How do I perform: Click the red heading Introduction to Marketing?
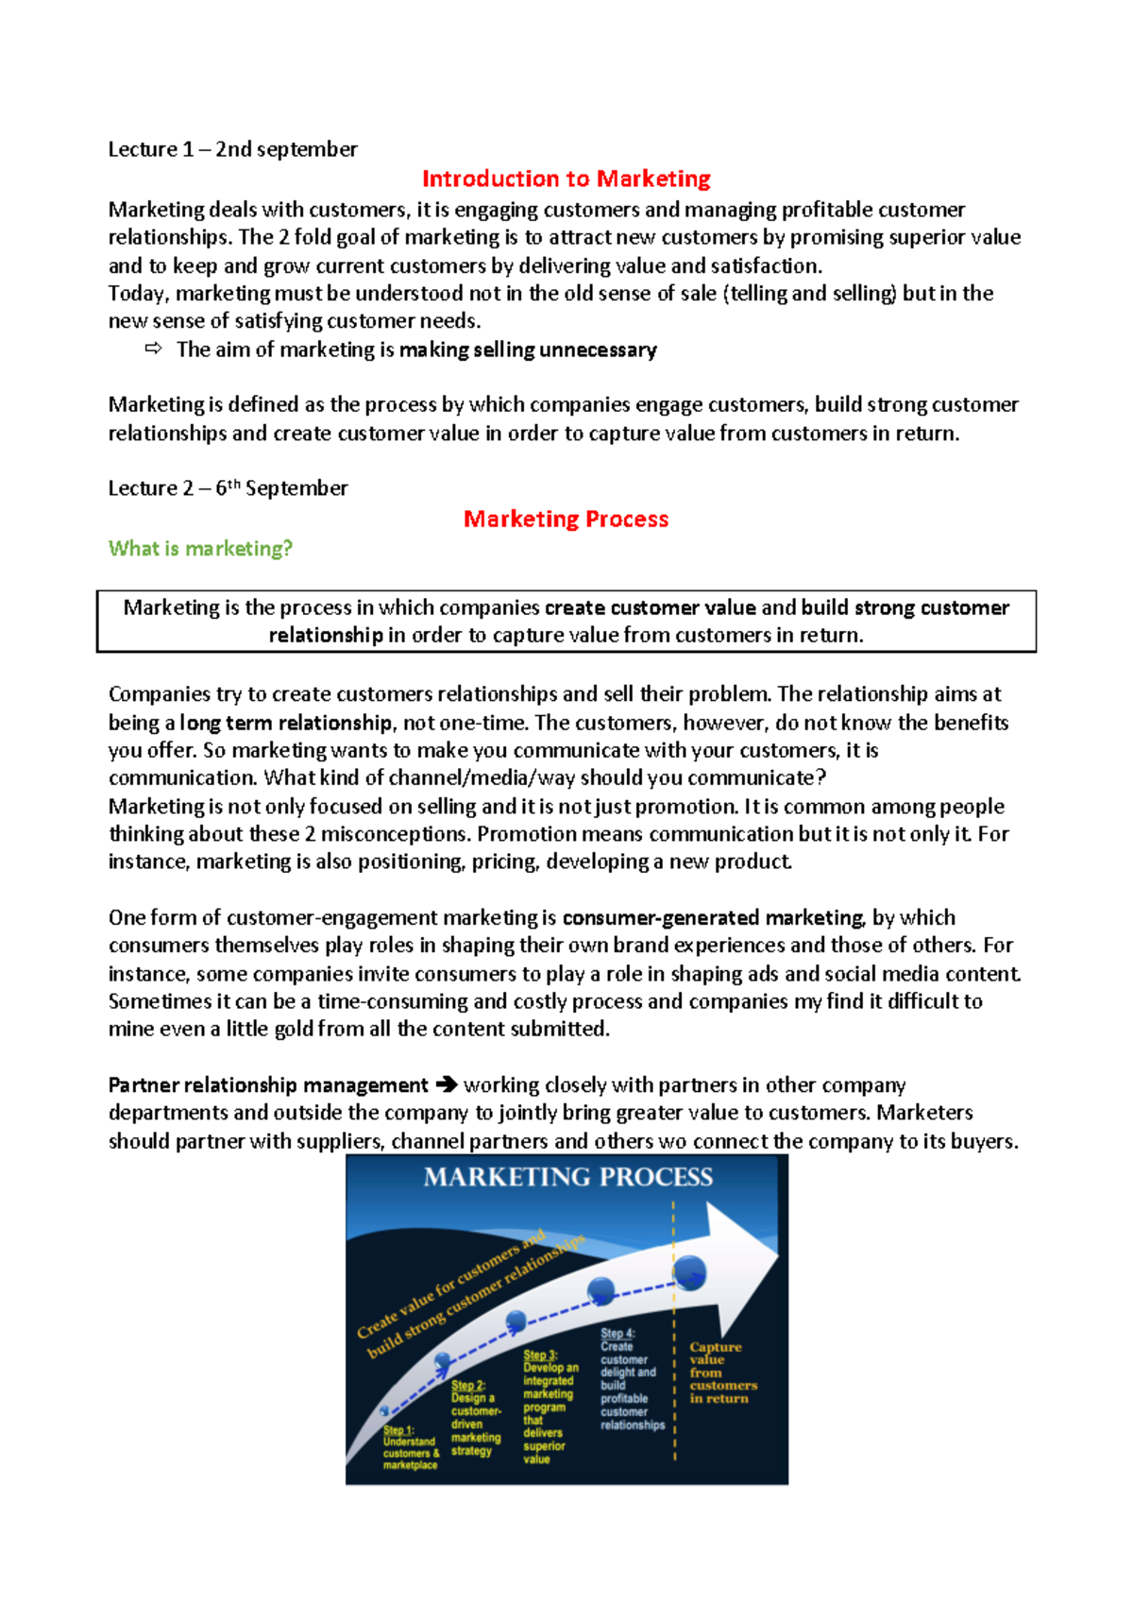coord(566,179)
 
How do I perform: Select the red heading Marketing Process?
coord(566,519)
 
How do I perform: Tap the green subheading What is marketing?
coord(200,549)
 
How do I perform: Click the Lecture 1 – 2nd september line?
coord(232,149)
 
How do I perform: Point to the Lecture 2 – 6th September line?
coord(228,488)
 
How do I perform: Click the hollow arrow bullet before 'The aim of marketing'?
coord(153,350)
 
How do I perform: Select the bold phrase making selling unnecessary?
coord(528,350)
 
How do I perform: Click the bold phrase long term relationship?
coord(285,723)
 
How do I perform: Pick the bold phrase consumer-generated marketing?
coord(713,918)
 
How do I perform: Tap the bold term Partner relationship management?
coord(268,1085)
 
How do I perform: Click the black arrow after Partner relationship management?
coord(446,1085)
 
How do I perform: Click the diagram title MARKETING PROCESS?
coord(567,1177)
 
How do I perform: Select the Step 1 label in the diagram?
coord(397,1430)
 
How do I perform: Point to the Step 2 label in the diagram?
coord(467,1385)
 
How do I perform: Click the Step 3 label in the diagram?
coord(540,1355)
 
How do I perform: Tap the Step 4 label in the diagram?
coord(617,1333)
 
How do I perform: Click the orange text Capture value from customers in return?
coord(721,1373)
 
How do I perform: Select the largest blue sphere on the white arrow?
coord(689,1272)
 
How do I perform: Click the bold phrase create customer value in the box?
coord(650,607)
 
